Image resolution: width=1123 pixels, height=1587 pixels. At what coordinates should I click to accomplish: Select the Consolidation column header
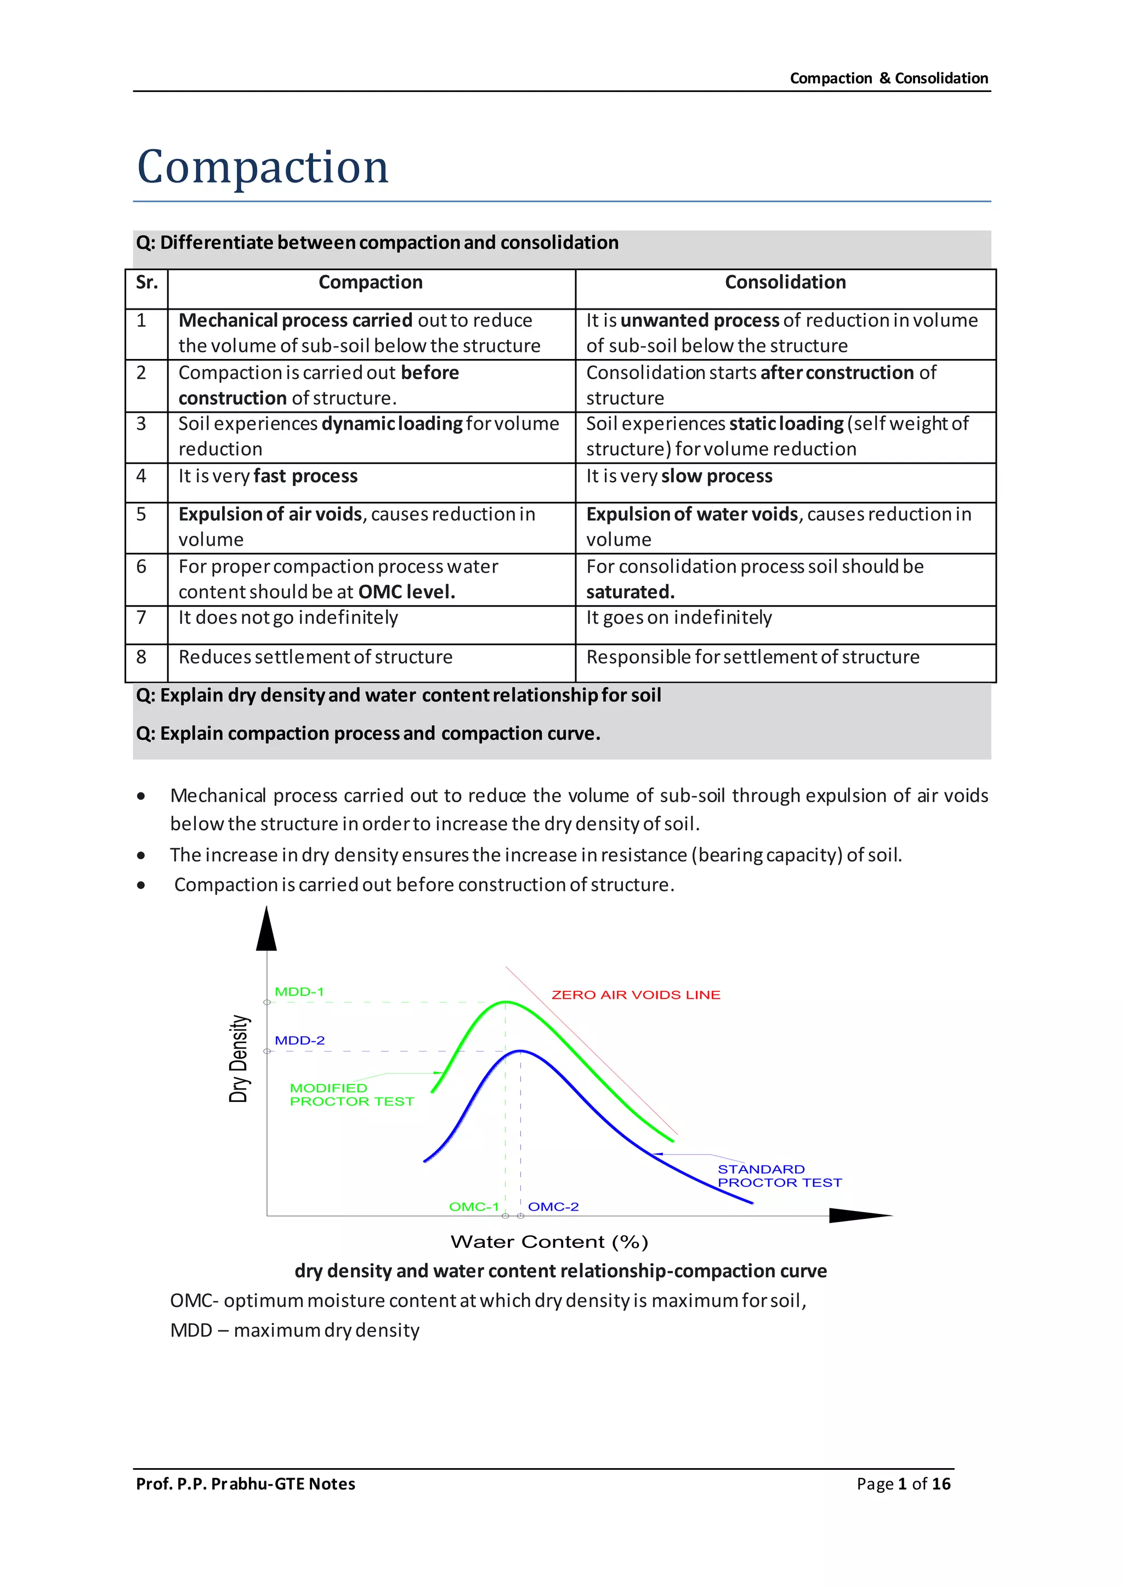785,283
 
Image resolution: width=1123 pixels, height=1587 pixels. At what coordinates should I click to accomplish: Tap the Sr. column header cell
146,283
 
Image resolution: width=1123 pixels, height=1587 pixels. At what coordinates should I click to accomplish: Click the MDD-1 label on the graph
299,992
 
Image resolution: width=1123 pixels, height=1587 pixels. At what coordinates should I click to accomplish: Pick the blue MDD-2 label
299,1040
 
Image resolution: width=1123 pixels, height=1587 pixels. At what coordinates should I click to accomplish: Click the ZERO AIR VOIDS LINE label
636,995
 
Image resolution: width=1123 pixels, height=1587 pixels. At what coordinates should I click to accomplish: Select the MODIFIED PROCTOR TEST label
351,1095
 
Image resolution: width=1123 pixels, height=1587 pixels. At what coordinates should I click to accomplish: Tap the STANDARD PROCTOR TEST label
779,1176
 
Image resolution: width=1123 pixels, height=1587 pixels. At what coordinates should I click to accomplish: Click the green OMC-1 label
474,1207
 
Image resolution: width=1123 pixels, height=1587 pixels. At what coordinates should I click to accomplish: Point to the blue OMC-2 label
553,1207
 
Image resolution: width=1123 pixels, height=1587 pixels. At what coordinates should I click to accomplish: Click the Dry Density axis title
239,1059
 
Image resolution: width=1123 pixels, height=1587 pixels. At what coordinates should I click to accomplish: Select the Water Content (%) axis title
549,1242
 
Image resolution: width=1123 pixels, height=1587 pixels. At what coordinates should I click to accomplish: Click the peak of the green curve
506,1002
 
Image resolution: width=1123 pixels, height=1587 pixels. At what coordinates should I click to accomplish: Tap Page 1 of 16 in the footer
903,1484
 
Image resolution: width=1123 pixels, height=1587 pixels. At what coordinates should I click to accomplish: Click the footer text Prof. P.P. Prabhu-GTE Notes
246,1484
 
